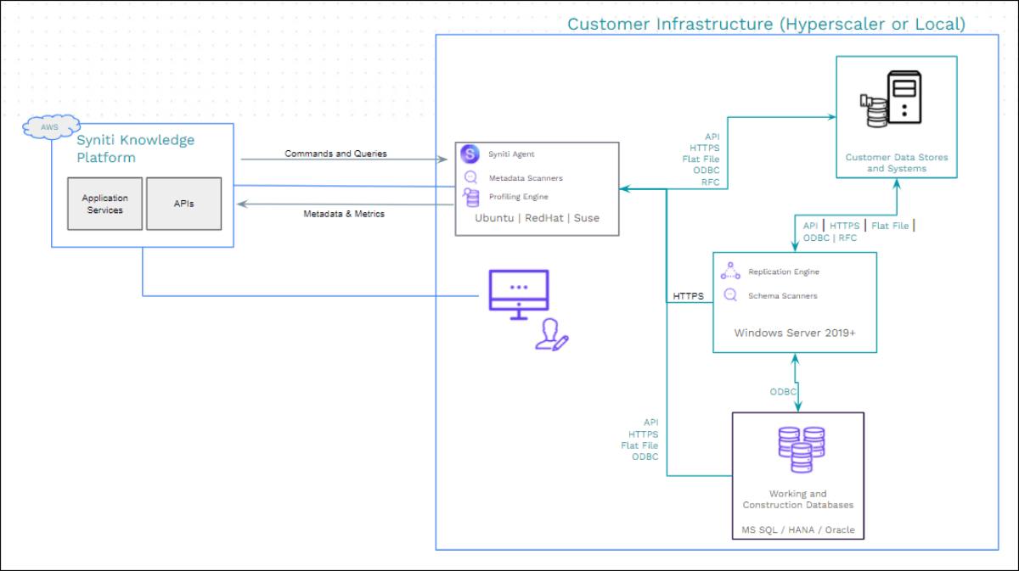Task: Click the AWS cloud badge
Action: click(x=45, y=128)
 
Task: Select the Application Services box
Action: click(x=106, y=204)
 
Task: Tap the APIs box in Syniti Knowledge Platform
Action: click(x=183, y=204)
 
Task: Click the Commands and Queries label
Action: click(x=335, y=154)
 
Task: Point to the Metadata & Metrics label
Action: click(x=344, y=214)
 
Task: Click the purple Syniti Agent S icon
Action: click(x=470, y=154)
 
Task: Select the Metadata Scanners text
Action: click(x=525, y=178)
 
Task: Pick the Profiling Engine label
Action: click(x=518, y=197)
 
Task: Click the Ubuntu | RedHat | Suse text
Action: click(x=538, y=218)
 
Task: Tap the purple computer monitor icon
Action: click(x=519, y=293)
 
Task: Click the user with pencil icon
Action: click(x=551, y=335)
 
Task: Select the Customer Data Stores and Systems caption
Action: click(x=896, y=163)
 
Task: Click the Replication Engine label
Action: click(x=783, y=272)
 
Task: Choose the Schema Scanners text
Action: click(x=782, y=296)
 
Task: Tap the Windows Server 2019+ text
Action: click(x=794, y=333)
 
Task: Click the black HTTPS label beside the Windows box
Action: click(x=689, y=297)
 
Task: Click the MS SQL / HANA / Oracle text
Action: click(x=797, y=530)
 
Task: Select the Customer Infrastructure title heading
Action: click(x=766, y=24)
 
